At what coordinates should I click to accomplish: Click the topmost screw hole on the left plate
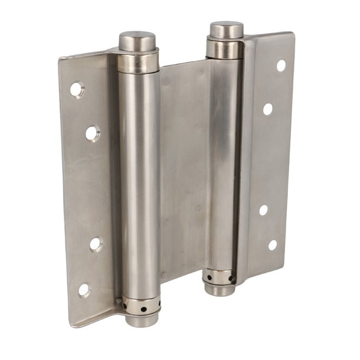click(77, 90)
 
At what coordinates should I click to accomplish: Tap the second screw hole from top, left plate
click(92, 133)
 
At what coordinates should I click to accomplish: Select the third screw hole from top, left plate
click(96, 243)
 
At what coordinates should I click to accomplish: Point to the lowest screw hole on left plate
click(84, 290)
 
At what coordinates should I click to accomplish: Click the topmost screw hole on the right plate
click(281, 66)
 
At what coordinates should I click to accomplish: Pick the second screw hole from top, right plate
click(268, 109)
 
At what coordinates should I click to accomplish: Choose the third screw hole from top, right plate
click(263, 210)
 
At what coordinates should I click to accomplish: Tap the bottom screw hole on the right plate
click(273, 244)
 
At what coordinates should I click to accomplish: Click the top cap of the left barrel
click(137, 41)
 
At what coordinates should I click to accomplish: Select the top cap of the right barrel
click(227, 30)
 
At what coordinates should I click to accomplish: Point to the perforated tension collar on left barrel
click(141, 306)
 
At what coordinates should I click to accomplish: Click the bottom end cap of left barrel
click(142, 320)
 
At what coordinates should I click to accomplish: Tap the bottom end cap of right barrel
click(220, 289)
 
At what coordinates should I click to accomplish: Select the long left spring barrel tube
click(139, 183)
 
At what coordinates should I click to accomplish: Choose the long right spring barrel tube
click(223, 165)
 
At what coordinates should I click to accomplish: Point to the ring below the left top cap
click(138, 61)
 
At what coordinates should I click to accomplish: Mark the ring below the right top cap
click(225, 49)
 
